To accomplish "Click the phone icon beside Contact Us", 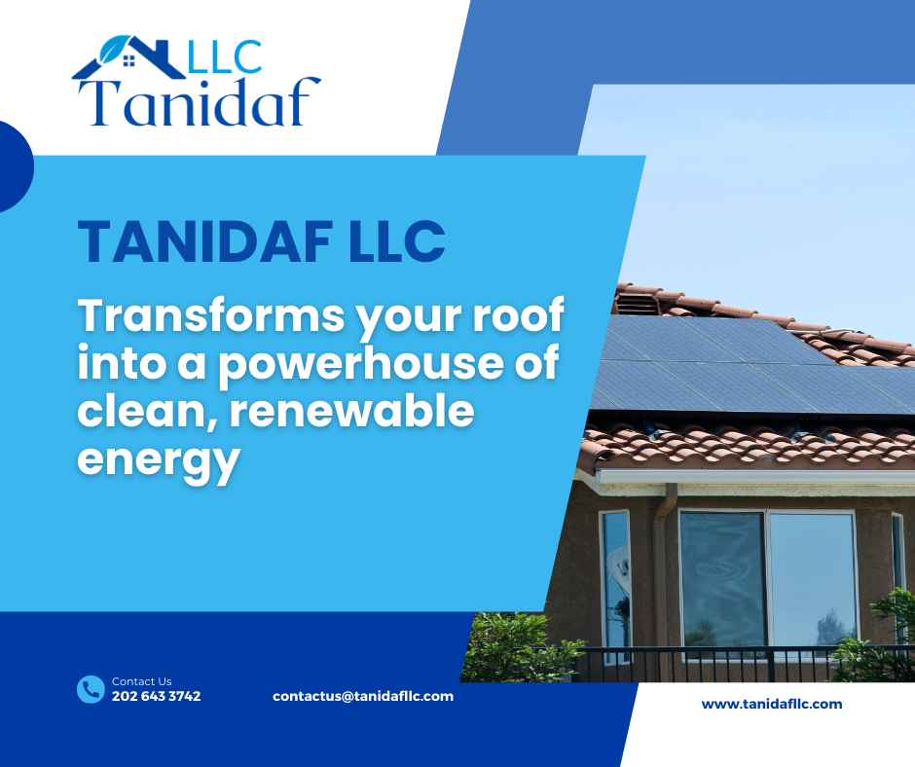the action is [x=91, y=689].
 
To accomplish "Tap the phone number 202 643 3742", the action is [x=157, y=696].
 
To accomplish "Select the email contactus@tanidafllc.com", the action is [x=363, y=696].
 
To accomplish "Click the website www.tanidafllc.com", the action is [x=772, y=704].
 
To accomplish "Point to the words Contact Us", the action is [x=142, y=681].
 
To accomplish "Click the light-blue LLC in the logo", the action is [x=225, y=57].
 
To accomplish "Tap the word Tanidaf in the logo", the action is [x=200, y=101].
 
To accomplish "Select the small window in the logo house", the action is [x=129, y=60].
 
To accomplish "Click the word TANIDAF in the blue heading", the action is [x=204, y=241].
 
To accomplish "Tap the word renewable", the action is [x=351, y=410].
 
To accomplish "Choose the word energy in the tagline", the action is [x=159, y=460].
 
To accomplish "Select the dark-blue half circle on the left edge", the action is [x=16, y=166].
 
